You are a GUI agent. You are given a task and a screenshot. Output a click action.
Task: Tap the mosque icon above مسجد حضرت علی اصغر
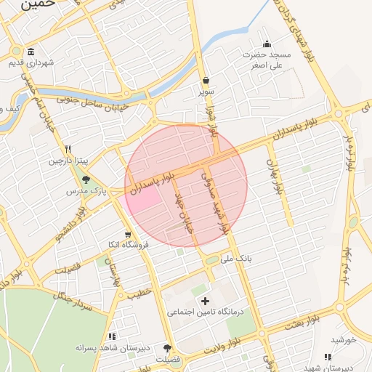[x=267, y=44]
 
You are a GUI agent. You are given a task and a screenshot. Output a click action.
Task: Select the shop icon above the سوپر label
[x=206, y=81]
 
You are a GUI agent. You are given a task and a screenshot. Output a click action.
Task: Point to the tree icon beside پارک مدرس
[x=87, y=179]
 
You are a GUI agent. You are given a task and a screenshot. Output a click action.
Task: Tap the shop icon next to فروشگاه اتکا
[x=129, y=234]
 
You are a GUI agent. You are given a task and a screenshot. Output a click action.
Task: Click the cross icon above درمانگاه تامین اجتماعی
[x=205, y=300]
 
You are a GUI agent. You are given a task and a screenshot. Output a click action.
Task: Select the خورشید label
[x=343, y=339]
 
